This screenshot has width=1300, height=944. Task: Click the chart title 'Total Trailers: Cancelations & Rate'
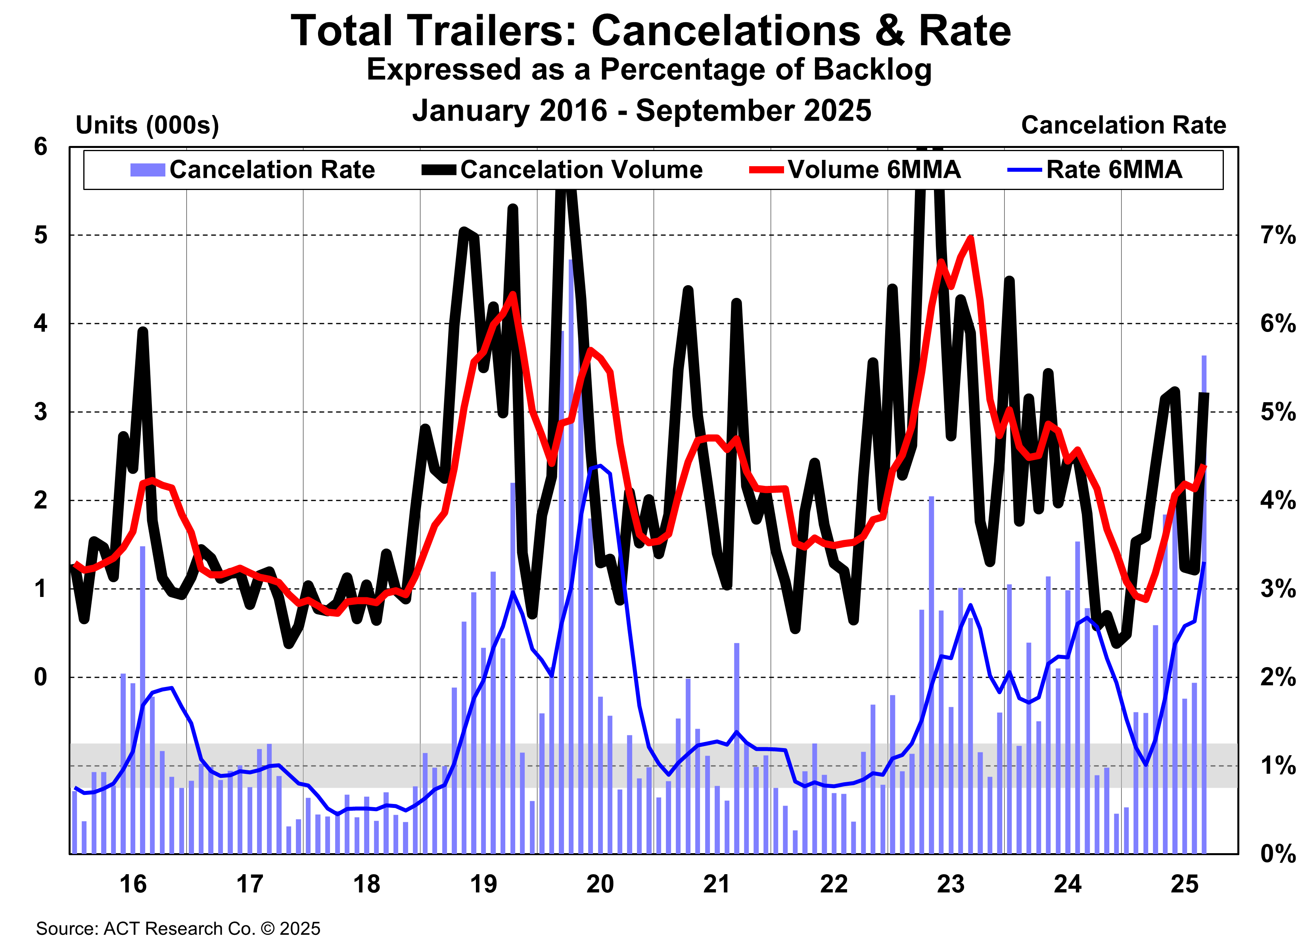(x=650, y=31)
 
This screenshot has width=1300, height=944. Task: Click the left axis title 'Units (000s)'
(x=147, y=125)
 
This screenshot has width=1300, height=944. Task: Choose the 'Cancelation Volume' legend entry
(x=581, y=170)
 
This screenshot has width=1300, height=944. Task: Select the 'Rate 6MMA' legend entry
(x=1113, y=170)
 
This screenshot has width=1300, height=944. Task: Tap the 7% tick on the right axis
(x=1277, y=235)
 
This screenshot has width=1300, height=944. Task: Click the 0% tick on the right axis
(x=1277, y=854)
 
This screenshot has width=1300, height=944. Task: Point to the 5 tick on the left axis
(x=40, y=235)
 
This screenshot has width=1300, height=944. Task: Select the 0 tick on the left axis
(x=40, y=677)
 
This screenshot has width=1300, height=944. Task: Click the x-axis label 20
(x=600, y=885)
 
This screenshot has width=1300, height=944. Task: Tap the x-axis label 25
(x=1184, y=885)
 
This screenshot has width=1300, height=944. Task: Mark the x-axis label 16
(x=132, y=885)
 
